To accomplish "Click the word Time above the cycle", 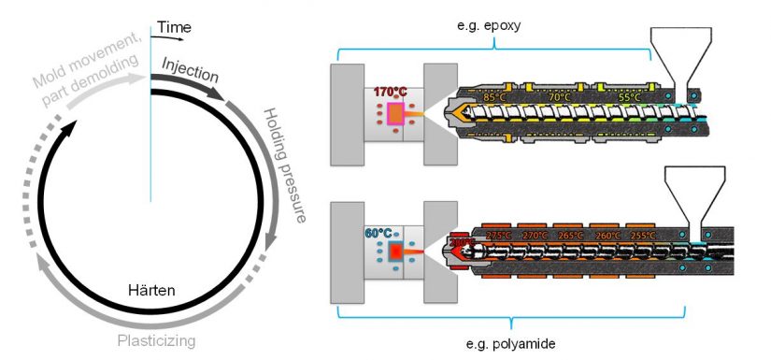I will tap(173, 27).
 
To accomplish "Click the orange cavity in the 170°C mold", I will tap(395, 114).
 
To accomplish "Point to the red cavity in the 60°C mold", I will tap(395, 252).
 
